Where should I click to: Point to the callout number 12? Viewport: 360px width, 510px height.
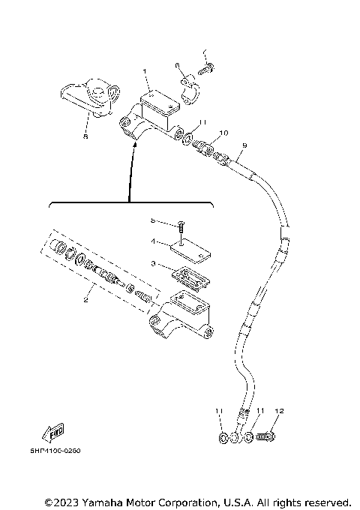[x=279, y=411]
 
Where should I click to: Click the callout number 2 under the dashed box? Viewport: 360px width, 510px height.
[x=86, y=300]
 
